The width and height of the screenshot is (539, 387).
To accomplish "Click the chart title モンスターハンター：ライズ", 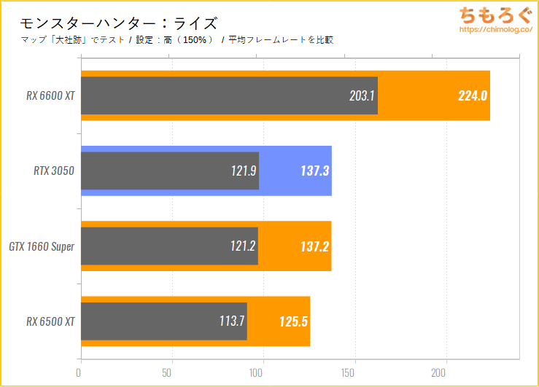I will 119,23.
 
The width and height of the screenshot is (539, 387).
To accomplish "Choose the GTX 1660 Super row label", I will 42,246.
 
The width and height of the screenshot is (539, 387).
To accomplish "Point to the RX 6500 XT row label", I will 51,321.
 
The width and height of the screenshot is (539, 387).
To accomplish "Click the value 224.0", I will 473,95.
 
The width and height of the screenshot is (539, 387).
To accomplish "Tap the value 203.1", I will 362,95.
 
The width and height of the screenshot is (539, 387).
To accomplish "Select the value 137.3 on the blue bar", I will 314,171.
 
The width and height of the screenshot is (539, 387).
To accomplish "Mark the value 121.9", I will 243,171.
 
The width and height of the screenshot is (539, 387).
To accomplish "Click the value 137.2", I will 314,246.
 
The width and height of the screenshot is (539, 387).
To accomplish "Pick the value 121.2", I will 242,246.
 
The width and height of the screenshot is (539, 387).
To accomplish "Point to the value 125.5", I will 294,321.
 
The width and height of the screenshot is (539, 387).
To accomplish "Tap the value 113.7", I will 232,321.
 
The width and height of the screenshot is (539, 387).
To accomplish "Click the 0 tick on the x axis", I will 79,372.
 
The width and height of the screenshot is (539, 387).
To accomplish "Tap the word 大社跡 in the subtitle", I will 72,40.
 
